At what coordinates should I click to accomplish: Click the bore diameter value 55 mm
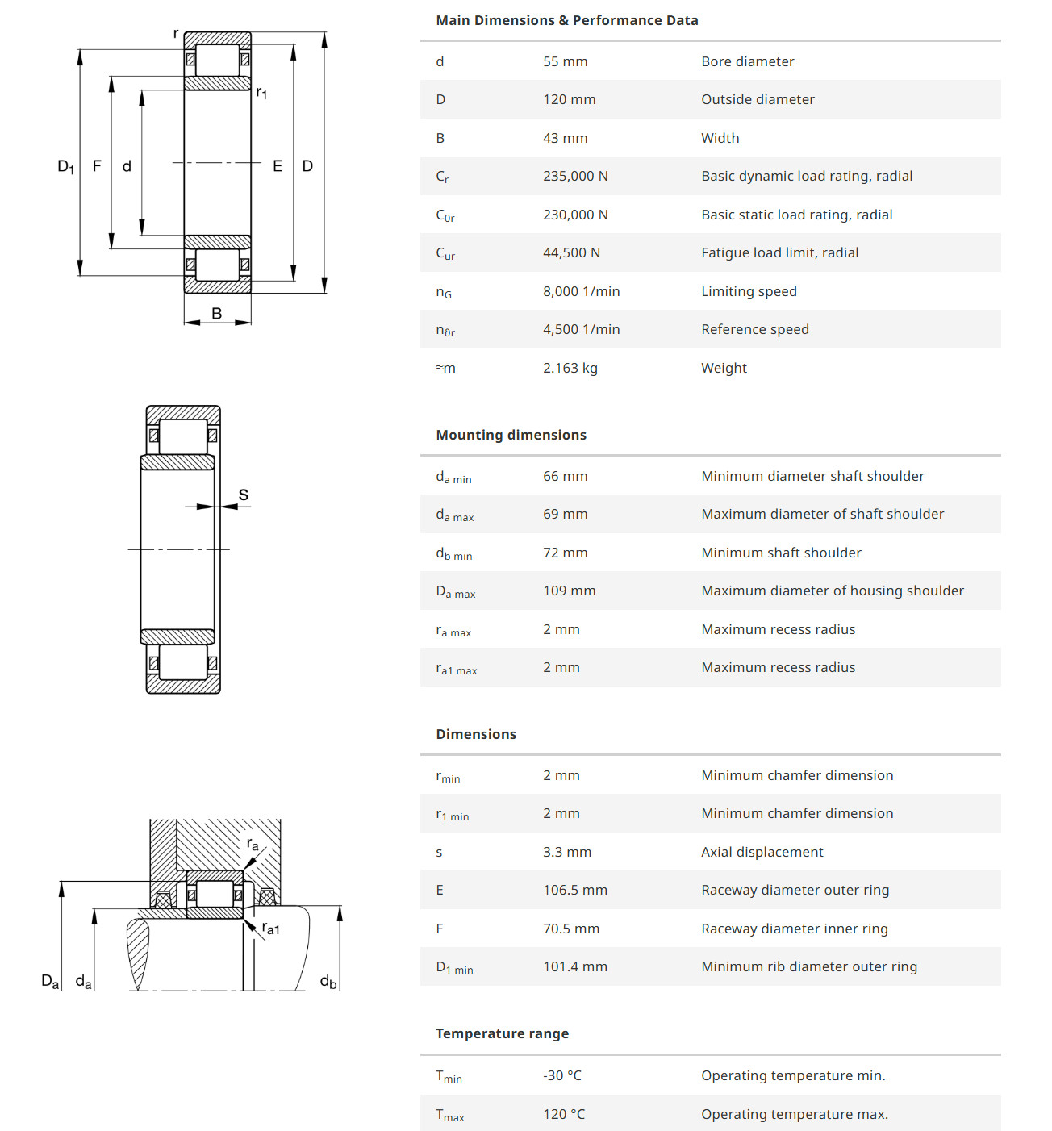coord(565,61)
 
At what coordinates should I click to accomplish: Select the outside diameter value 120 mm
coord(569,99)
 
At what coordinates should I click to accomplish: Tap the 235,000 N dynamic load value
coord(575,176)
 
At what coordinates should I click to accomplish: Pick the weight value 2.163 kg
coord(570,368)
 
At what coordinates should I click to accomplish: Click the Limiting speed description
coord(749,291)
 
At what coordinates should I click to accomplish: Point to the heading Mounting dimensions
coord(511,435)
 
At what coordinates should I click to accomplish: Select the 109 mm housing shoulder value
coord(569,591)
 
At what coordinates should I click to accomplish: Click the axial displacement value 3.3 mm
coord(566,852)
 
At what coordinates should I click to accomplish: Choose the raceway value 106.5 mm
coord(574,890)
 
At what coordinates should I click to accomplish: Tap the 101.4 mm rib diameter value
coord(574,966)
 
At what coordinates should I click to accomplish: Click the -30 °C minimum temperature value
coord(561,1075)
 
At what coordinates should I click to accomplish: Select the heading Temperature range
coord(502,1033)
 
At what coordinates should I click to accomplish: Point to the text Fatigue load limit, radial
coord(779,252)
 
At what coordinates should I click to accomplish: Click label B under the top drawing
coord(216,313)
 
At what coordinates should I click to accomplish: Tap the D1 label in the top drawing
coord(65,167)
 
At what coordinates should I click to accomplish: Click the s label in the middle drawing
coord(244,495)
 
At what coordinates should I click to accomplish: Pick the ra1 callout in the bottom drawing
coord(271,929)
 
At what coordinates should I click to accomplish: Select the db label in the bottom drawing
coord(328,982)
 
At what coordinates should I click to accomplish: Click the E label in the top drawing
coord(278,166)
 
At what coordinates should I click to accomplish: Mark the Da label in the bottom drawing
coord(50,981)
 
